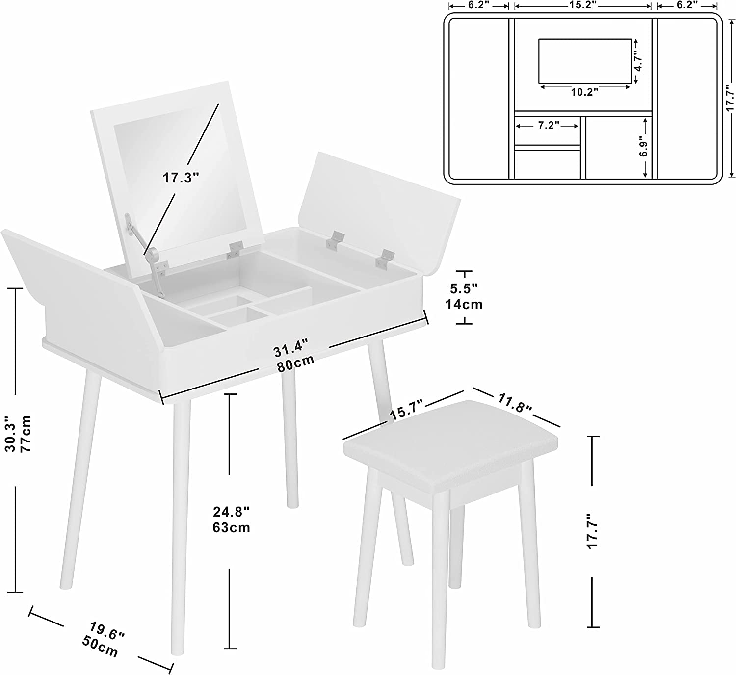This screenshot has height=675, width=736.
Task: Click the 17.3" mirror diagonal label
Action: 181,178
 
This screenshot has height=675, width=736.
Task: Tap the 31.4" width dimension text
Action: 290,348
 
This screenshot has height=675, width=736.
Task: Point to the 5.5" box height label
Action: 464,288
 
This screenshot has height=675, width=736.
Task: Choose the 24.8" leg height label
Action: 231,511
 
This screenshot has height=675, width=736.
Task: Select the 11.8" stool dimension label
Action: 515,404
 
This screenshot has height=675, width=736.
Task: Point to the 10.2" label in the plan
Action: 584,92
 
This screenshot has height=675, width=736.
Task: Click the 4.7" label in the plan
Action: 639,62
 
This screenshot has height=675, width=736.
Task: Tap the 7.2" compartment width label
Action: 549,126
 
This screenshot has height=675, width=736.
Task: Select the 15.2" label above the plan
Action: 582,5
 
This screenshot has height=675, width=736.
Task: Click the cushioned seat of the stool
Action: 451,446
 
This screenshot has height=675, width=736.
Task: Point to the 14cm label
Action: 464,304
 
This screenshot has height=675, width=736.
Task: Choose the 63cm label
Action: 231,527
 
